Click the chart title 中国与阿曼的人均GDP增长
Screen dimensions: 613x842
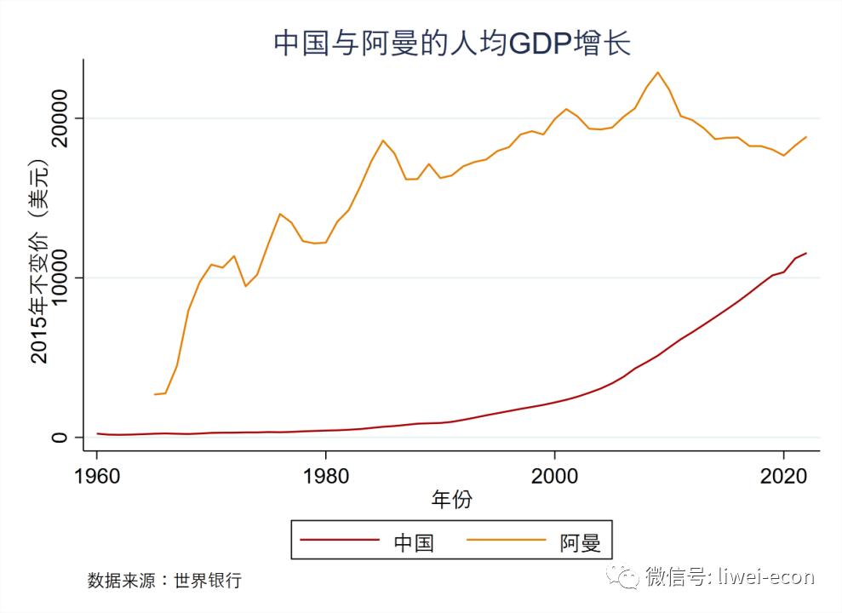point(451,43)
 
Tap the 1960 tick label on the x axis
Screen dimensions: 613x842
point(97,474)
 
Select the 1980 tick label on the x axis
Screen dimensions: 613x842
point(325,474)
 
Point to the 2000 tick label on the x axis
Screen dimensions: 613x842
point(554,474)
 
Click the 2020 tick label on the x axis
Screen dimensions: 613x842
point(783,474)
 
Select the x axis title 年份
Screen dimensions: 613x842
point(451,500)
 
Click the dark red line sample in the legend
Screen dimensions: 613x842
point(341,540)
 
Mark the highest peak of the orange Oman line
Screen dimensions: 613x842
point(657,72)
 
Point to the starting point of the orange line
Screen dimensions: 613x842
point(155,394)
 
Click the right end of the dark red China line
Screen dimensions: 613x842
point(805,253)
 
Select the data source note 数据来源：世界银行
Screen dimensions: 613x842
point(164,581)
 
